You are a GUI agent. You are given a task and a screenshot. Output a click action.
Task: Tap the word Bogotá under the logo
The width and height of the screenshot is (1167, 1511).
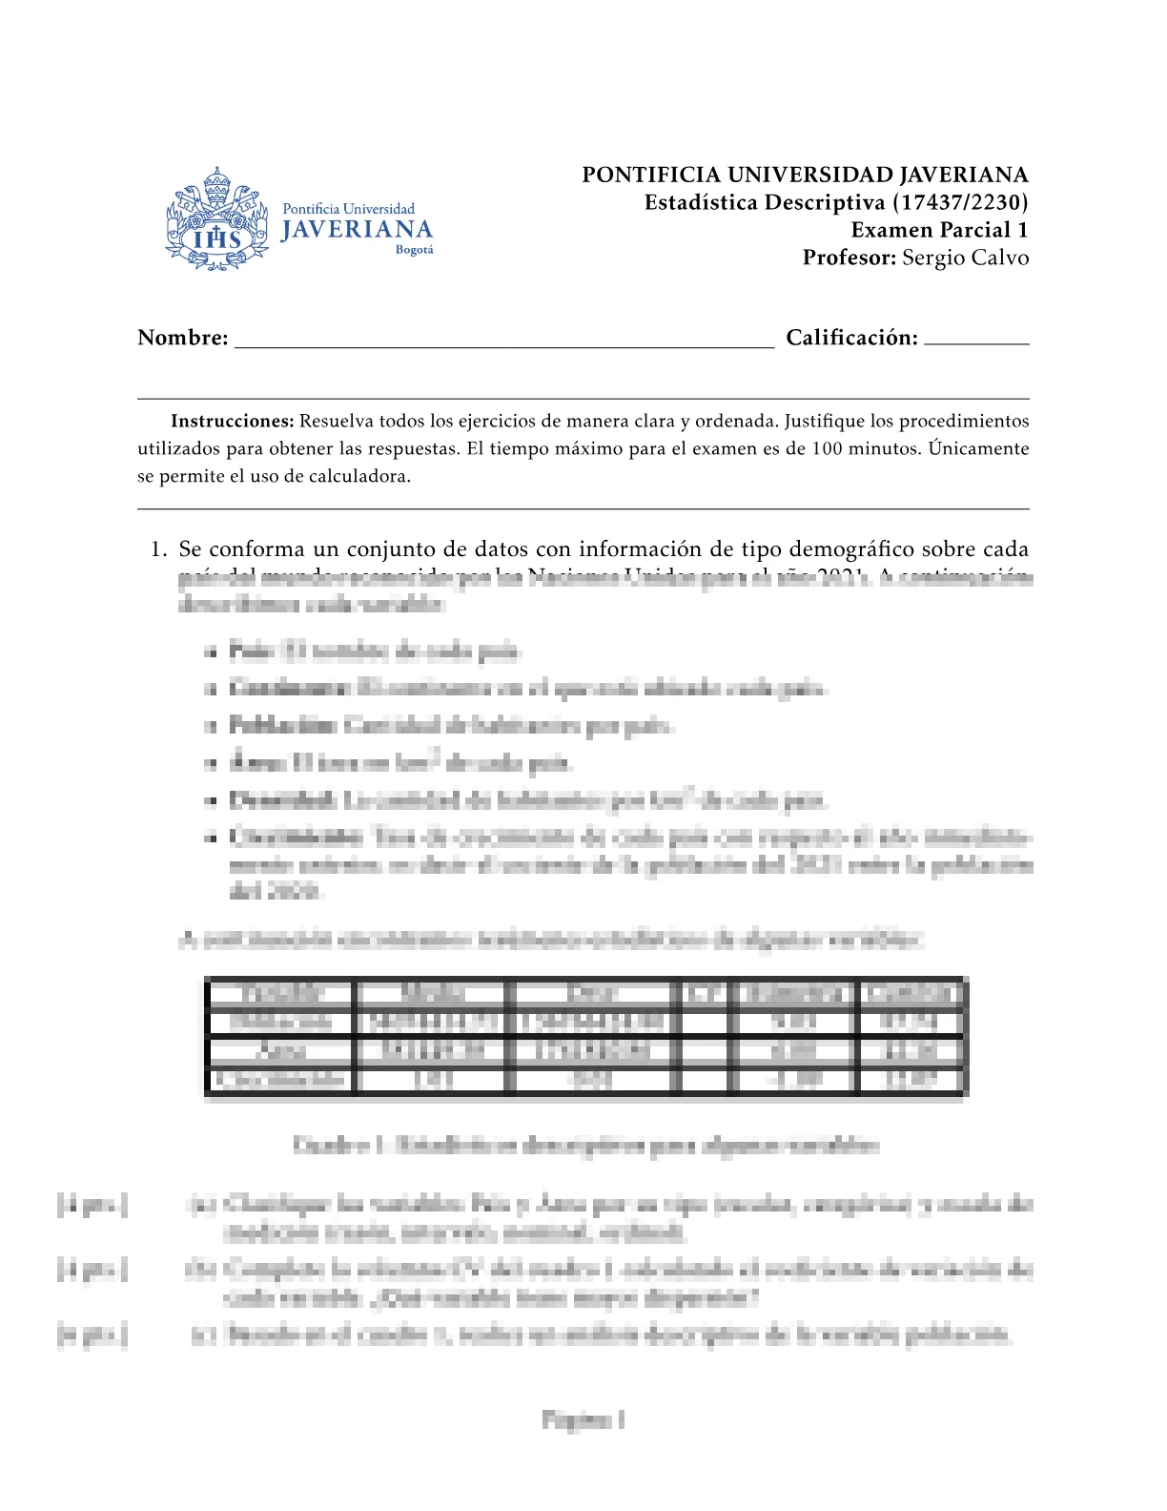[x=414, y=250]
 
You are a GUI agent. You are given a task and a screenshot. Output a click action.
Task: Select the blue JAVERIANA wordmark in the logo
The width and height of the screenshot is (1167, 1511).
[x=357, y=230]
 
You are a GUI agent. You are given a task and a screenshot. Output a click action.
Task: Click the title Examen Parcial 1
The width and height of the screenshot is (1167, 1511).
[x=939, y=230]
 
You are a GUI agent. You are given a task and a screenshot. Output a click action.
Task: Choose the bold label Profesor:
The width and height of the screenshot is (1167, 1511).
[x=849, y=258]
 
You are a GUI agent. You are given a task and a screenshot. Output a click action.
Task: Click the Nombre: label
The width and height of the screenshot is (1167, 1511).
[x=183, y=338]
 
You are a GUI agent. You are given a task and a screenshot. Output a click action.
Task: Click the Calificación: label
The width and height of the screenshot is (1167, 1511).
[x=851, y=338]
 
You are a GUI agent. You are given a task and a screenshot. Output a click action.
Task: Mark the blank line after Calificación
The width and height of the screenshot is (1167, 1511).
[x=976, y=342]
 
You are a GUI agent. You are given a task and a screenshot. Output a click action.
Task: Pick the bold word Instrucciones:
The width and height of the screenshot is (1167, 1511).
[x=232, y=421]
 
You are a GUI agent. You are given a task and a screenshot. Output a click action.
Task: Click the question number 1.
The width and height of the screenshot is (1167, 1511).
[x=157, y=549]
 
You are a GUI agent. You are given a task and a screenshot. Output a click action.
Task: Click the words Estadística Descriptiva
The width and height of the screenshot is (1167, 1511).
[x=765, y=202]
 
